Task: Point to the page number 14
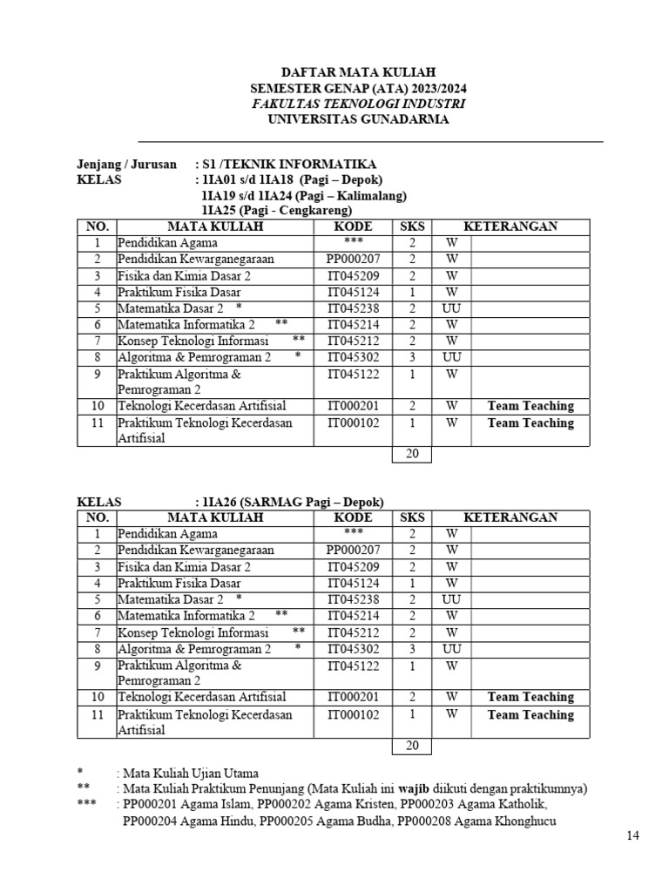tap(633, 835)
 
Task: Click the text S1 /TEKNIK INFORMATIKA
tap(288, 164)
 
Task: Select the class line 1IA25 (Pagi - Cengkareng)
tap(276, 211)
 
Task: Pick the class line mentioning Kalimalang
tap(298, 195)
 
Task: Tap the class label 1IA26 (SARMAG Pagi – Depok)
tap(292, 502)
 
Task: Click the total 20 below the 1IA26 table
tap(411, 747)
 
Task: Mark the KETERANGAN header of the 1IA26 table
tap(510, 517)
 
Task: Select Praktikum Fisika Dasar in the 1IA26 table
tap(179, 583)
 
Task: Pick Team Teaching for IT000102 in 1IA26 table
tap(530, 715)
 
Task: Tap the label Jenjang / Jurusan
tap(126, 164)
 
